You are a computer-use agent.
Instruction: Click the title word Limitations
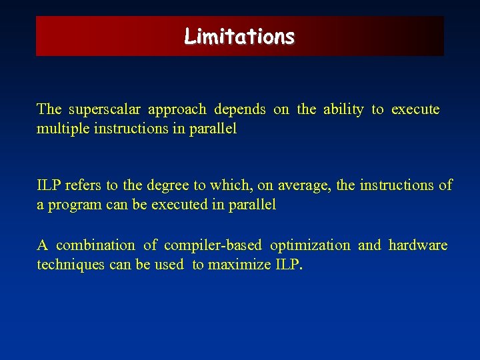click(x=239, y=36)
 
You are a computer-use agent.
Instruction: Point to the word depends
click(x=240, y=109)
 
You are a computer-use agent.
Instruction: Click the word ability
click(x=343, y=109)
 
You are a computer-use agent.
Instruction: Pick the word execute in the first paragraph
click(x=415, y=109)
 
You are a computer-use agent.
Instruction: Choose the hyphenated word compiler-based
click(x=213, y=246)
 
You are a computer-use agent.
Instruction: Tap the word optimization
click(x=310, y=246)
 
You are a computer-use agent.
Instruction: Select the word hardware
click(x=418, y=245)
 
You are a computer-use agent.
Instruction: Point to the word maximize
click(x=239, y=265)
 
